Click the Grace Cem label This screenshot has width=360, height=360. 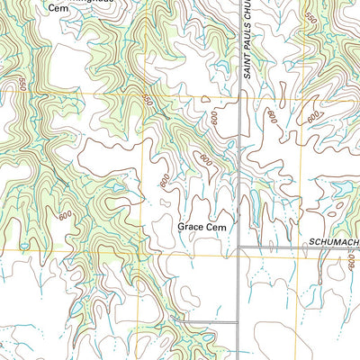[200, 228]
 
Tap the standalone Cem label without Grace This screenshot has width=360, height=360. [58, 7]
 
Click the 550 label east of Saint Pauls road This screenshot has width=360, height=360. [310, 18]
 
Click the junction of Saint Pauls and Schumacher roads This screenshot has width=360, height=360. [238, 247]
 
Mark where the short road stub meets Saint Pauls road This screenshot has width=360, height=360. [238, 321]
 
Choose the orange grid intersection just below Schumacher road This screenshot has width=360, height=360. [238, 256]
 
